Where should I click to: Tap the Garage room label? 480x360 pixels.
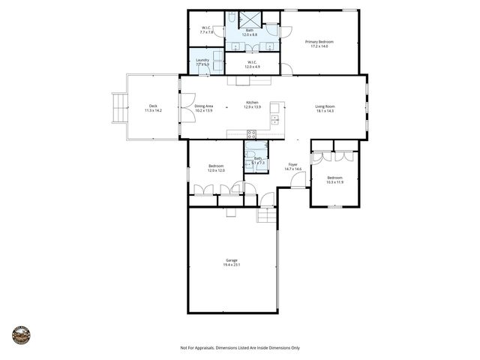pyautogui.click(x=232, y=262)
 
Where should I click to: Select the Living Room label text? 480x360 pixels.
pyautogui.click(x=324, y=108)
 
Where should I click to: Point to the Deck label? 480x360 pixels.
pyautogui.click(x=153, y=108)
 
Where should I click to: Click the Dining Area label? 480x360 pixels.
pyautogui.click(x=204, y=108)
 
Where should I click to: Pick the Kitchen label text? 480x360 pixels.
pyautogui.click(x=252, y=105)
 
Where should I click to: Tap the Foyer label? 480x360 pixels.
pyautogui.click(x=293, y=166)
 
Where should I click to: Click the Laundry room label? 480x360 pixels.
pyautogui.click(x=202, y=61)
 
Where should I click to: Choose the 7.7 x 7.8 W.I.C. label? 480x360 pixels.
pyautogui.click(x=206, y=31)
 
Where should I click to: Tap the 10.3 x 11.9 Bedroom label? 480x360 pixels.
pyautogui.click(x=334, y=180)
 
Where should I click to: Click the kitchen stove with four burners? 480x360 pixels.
pyautogui.click(x=251, y=135)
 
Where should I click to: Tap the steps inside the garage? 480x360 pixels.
pyautogui.click(x=267, y=215)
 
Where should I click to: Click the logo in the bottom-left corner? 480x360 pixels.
pyautogui.click(x=21, y=335)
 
